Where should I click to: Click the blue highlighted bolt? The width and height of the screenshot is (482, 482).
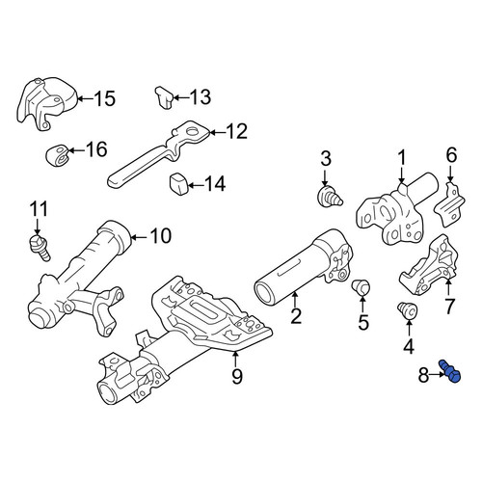(x=449, y=371)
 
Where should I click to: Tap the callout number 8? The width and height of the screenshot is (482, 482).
(x=423, y=375)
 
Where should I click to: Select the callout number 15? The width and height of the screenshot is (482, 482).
(x=105, y=98)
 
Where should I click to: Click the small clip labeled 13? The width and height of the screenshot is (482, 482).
(x=164, y=97)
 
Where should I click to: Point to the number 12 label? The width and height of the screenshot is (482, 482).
(x=237, y=131)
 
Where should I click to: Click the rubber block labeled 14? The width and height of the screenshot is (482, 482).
(x=178, y=184)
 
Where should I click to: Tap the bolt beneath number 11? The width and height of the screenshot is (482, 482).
(x=40, y=248)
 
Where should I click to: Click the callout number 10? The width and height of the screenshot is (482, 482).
(x=161, y=236)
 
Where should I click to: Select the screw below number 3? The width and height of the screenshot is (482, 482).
(x=330, y=197)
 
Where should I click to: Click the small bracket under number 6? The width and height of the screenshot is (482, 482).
(x=449, y=203)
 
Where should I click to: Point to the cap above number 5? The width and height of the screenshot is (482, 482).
(x=361, y=287)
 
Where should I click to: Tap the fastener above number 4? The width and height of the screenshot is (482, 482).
(x=407, y=311)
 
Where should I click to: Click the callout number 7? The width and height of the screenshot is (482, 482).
(x=449, y=307)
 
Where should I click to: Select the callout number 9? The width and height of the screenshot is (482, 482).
(x=237, y=376)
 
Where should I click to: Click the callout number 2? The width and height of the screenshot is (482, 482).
(x=295, y=315)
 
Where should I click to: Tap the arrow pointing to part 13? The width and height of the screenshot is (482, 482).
(x=181, y=97)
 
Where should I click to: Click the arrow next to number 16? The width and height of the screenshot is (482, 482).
(x=76, y=150)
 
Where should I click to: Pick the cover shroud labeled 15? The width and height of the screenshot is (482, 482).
(x=48, y=103)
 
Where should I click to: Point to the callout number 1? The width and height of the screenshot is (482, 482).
(x=401, y=158)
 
